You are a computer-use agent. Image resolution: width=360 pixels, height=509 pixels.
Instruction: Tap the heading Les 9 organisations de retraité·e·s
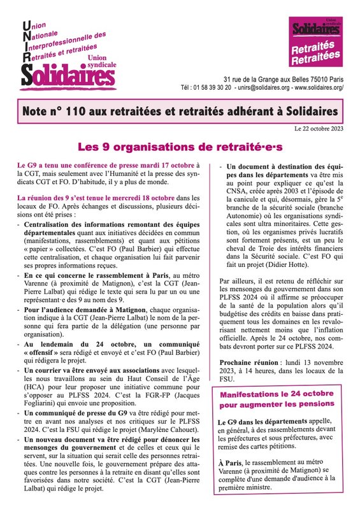(x=179, y=147)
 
